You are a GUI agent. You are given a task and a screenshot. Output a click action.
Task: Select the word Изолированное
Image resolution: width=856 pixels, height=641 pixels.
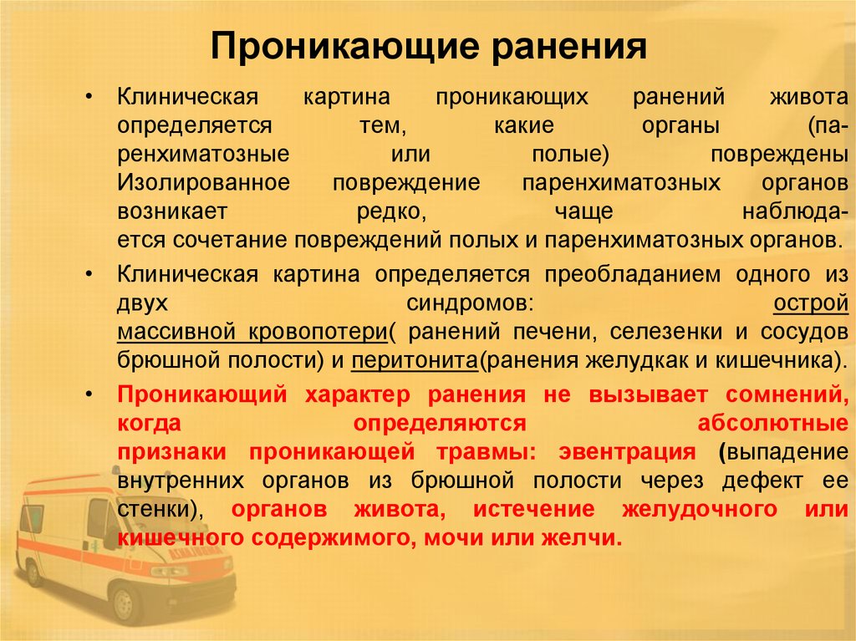(204, 182)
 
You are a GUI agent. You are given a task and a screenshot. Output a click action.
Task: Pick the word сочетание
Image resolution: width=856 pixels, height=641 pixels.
(231, 240)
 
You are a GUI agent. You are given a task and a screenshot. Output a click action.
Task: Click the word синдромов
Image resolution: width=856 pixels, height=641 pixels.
(467, 303)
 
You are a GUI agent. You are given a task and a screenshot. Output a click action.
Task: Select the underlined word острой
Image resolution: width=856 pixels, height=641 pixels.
(811, 303)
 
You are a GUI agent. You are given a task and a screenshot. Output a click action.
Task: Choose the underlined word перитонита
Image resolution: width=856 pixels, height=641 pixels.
(415, 361)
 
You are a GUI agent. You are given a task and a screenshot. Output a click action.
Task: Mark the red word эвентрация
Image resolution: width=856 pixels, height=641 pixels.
(627, 452)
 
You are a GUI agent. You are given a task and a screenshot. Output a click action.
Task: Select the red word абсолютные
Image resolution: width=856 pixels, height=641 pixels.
(773, 423)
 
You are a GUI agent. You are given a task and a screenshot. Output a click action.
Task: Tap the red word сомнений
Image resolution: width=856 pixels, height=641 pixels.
(787, 394)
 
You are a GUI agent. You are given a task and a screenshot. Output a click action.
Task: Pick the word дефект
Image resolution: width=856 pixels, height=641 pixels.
(762, 481)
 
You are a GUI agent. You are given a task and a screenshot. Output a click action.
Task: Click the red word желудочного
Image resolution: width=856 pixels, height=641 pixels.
(700, 510)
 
